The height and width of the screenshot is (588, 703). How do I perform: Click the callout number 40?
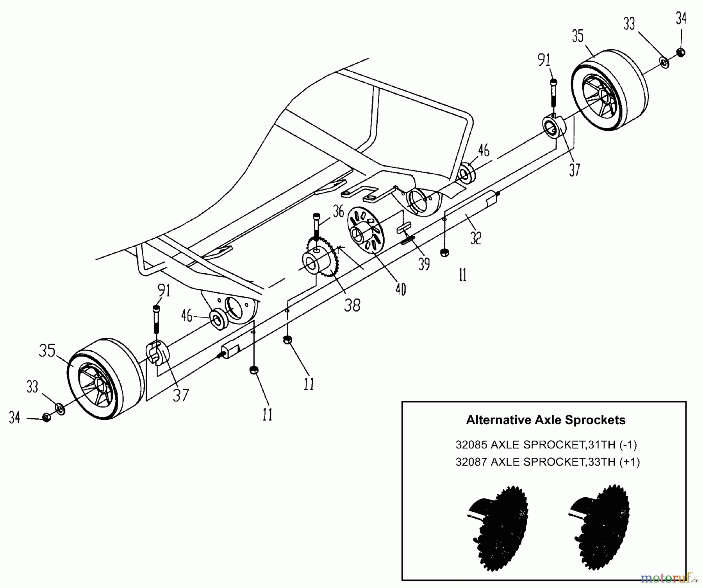tap(401, 289)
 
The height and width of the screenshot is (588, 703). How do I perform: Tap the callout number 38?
tap(352, 305)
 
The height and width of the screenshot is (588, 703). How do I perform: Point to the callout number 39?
tap(424, 264)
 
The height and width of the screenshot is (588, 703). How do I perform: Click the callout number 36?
tap(338, 212)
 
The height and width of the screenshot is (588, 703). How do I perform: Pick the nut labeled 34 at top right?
tap(680, 52)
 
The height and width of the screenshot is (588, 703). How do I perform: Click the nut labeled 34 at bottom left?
tap(46, 418)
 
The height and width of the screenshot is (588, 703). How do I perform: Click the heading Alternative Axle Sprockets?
tap(546, 420)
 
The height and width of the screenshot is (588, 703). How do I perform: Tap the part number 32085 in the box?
tap(471, 445)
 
